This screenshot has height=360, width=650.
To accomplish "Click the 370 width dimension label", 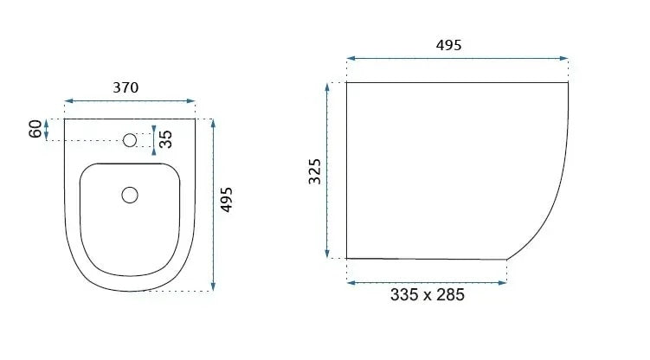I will [x=126, y=87].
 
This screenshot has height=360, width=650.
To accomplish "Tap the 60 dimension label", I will [x=35, y=130].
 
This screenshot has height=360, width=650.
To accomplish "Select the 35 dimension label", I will [x=165, y=139].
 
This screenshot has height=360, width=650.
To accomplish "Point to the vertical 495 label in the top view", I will [x=227, y=199].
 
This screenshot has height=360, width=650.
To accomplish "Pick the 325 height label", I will [x=315, y=170].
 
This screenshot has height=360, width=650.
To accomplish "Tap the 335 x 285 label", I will [x=427, y=295].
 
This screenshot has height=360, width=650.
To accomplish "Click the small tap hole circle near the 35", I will [x=131, y=138].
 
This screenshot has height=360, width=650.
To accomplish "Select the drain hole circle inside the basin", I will [x=130, y=195].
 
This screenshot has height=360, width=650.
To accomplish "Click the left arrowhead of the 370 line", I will [x=68, y=102].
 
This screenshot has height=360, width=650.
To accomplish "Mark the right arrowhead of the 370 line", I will [x=191, y=102].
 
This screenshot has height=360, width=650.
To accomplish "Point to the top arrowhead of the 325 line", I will [x=329, y=86].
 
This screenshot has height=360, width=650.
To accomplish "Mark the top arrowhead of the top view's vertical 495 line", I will [x=213, y=122].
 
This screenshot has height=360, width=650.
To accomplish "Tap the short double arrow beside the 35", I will [x=154, y=139].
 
